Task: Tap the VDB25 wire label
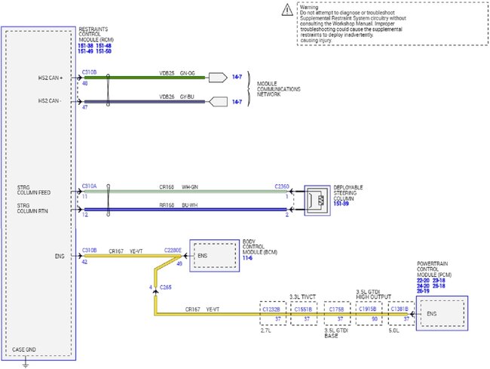[167, 73]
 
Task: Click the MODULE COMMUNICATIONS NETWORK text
[279, 89]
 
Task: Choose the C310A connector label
[89, 185]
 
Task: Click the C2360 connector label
[283, 185]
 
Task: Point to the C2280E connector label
[174, 251]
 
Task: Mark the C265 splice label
[165, 288]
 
